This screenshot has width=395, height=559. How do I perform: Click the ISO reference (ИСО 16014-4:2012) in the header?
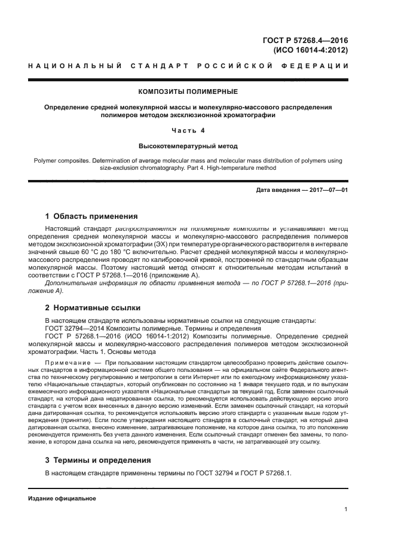click(x=310, y=50)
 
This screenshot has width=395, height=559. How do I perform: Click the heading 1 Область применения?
click(x=91, y=216)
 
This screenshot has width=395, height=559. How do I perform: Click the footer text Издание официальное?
click(x=62, y=497)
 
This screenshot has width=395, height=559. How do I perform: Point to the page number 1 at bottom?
click(x=346, y=509)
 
